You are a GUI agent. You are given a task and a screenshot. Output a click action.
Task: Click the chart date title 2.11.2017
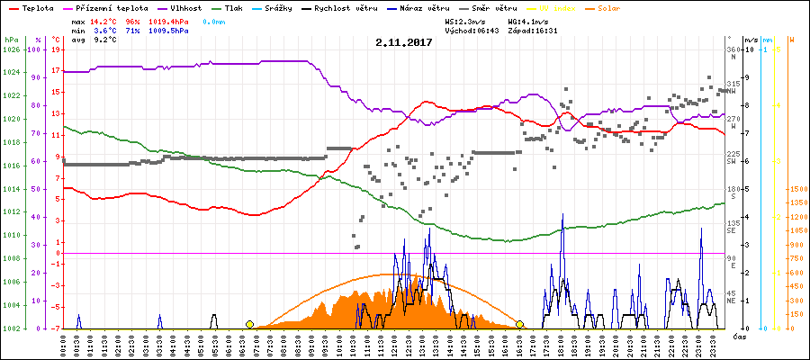pyautogui.click(x=404, y=42)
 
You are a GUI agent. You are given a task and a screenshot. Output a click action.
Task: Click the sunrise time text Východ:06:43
pyautogui.click(x=473, y=30)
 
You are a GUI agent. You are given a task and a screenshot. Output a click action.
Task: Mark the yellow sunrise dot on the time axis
pyautogui.click(x=249, y=324)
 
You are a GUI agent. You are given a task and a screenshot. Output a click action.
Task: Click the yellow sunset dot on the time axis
pyautogui.click(x=520, y=324)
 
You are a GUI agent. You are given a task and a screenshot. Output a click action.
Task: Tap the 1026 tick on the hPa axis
pyautogui.click(x=11, y=49)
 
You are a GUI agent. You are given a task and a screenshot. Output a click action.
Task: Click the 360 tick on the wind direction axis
pyautogui.click(x=733, y=49)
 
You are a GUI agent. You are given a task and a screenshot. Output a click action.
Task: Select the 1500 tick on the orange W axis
pyautogui.click(x=797, y=190)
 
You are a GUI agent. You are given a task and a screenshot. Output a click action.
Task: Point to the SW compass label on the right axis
pyautogui.click(x=732, y=162)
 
